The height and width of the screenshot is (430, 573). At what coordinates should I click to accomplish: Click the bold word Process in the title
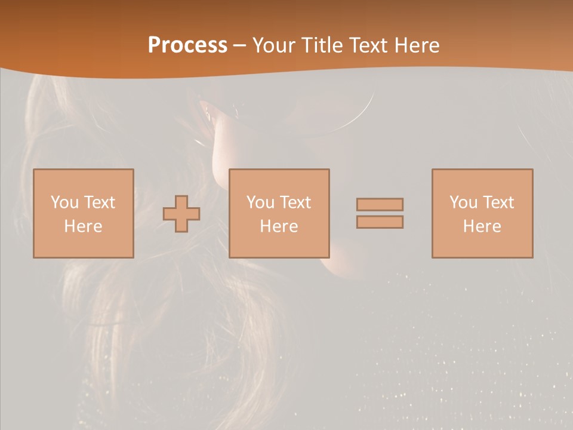click(x=187, y=45)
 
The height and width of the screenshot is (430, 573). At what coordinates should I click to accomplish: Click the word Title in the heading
click(x=324, y=45)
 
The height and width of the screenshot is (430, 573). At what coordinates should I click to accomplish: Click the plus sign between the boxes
click(x=181, y=214)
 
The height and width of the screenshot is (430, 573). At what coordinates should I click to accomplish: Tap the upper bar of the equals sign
click(x=380, y=204)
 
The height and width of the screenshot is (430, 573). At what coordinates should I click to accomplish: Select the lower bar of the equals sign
click(x=380, y=222)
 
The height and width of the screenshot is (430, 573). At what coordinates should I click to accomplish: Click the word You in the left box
click(x=64, y=202)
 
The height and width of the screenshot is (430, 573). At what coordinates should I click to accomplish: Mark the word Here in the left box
click(x=83, y=226)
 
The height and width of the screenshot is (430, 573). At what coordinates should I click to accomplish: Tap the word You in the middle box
click(x=260, y=202)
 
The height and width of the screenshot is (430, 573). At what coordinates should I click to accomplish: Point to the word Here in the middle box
click(x=279, y=226)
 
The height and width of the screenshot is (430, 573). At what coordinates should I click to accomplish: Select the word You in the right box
click(x=463, y=202)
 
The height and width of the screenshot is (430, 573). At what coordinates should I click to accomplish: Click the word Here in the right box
click(x=482, y=226)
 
